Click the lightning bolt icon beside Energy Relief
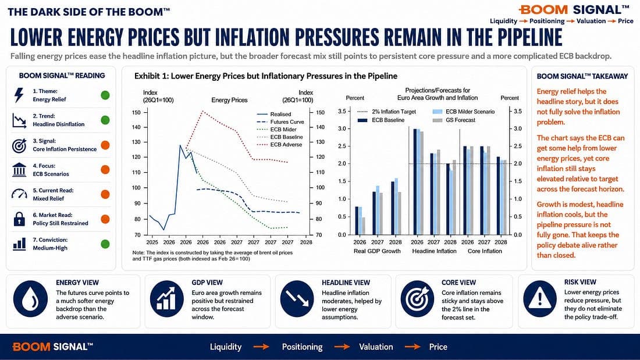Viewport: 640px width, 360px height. click(x=19, y=95)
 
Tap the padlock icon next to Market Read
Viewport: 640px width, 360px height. click(x=19, y=219)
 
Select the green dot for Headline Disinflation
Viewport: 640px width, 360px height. click(x=105, y=120)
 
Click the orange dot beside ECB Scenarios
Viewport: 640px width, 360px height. click(x=105, y=170)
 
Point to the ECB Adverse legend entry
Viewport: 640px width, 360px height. click(x=280, y=144)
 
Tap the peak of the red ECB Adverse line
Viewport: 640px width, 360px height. click(x=202, y=111)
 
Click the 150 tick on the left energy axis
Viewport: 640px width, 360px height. click(x=136, y=112)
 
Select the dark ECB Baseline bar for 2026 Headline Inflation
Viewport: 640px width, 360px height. click(x=415, y=181)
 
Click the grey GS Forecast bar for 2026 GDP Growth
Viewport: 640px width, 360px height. click(x=364, y=226)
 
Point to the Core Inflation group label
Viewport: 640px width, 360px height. click(x=485, y=251)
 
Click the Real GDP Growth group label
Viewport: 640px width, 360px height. click(x=377, y=251)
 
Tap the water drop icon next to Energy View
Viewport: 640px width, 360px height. click(x=31, y=299)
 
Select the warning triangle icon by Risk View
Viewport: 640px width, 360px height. click(x=539, y=299)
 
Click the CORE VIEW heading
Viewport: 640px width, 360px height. click(x=459, y=283)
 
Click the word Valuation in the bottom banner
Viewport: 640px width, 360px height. click(x=376, y=347)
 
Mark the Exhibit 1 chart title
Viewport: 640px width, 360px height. click(x=266, y=76)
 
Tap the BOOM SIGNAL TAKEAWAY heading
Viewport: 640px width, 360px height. click(x=582, y=76)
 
